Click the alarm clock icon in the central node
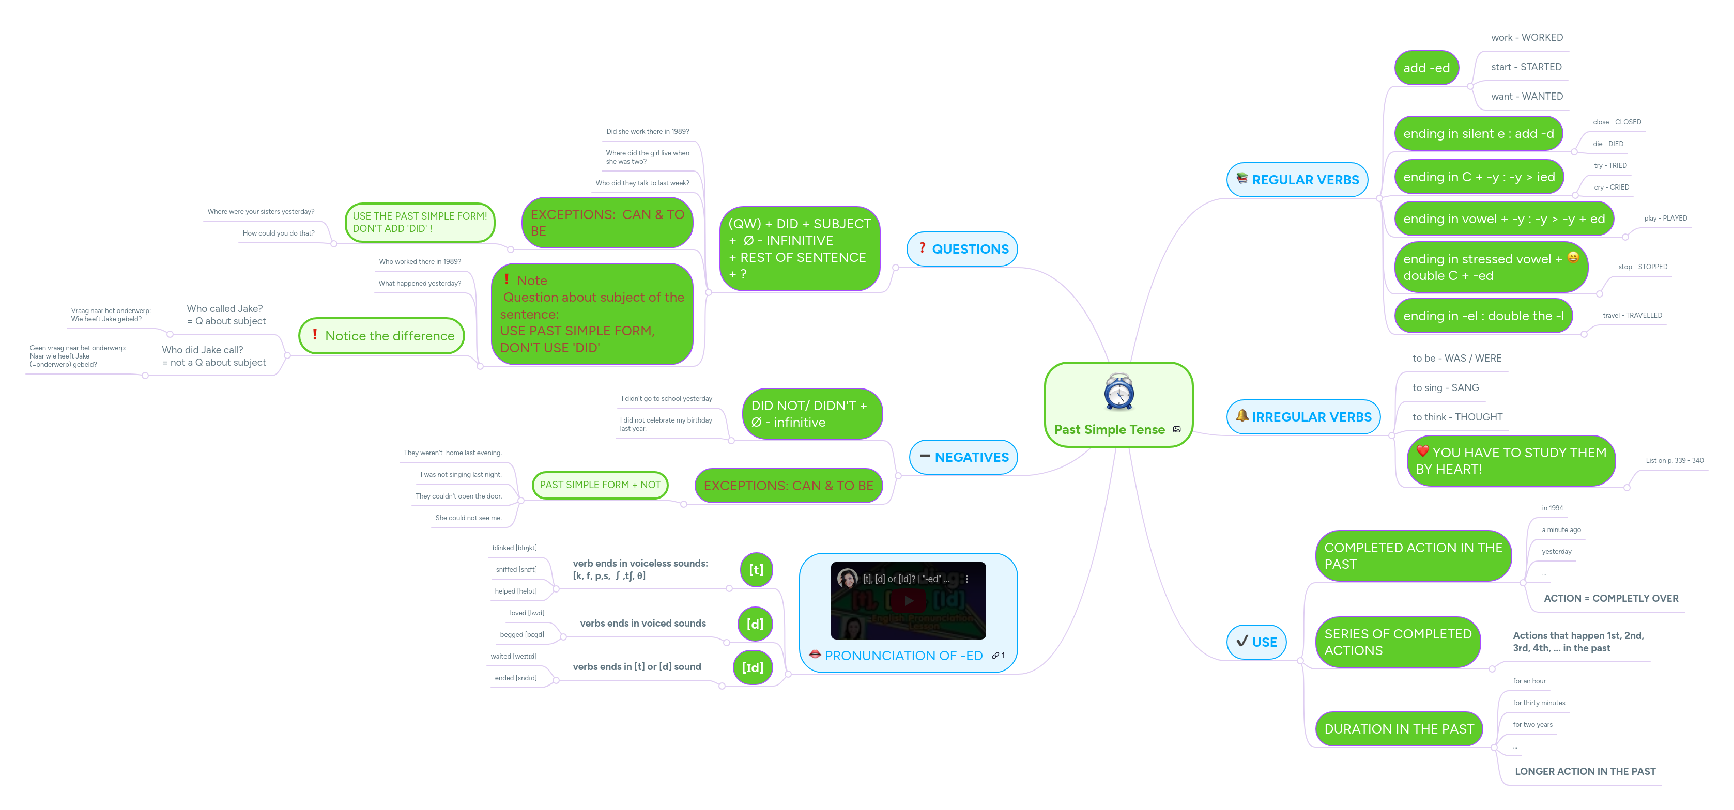tap(1119, 392)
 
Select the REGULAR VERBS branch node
tap(1297, 180)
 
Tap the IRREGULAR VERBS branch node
tap(1303, 417)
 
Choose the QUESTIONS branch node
tap(962, 249)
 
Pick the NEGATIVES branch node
tap(963, 458)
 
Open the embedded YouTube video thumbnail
tap(908, 600)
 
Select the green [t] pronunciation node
tap(756, 570)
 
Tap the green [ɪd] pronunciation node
tap(753, 667)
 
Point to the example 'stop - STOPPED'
tap(1643, 267)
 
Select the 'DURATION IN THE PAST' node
tap(1399, 729)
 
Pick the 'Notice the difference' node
tap(381, 336)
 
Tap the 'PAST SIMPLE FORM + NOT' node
tap(600, 485)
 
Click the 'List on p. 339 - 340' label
tap(1674, 461)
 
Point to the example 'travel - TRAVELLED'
tap(1632, 316)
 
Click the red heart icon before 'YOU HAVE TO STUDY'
tap(1422, 451)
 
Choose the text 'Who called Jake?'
tap(225, 309)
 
